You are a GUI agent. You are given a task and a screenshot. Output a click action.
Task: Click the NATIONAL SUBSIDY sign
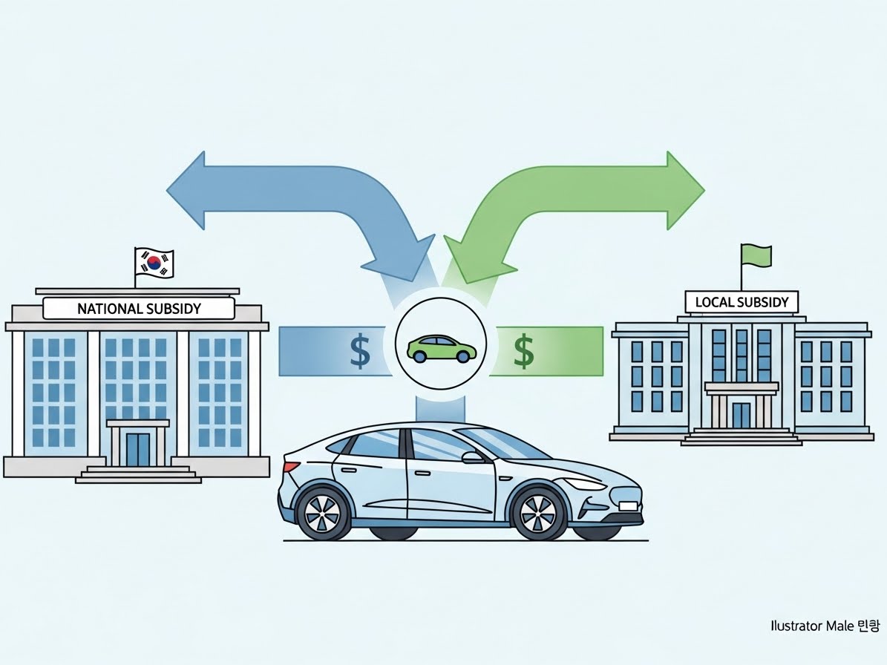(x=139, y=308)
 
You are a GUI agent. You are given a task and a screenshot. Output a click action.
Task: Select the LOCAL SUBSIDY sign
(x=742, y=302)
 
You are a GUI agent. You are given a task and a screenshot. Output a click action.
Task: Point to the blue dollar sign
(x=360, y=351)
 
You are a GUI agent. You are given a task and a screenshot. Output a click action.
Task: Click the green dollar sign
(x=524, y=351)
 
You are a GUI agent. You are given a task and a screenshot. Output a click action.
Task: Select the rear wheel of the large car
(x=322, y=512)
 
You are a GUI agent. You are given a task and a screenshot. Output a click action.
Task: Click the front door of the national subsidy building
(x=137, y=448)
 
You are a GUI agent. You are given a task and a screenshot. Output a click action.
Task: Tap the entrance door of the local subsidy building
(x=742, y=415)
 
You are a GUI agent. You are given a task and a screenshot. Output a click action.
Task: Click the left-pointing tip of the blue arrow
(x=172, y=191)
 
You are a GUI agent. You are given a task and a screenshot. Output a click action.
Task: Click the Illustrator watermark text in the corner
(x=824, y=626)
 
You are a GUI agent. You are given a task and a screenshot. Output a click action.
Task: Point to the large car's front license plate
(x=628, y=506)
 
